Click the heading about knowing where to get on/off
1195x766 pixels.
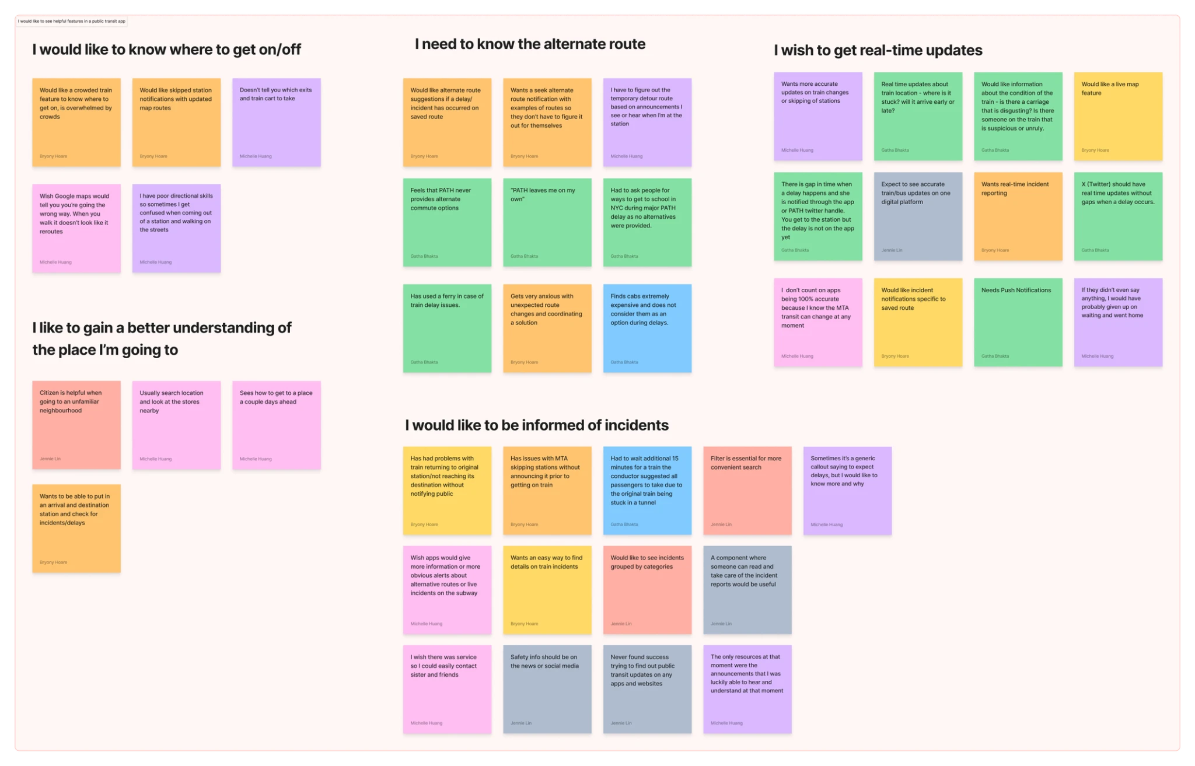[166, 50]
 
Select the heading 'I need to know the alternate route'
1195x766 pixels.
[530, 44]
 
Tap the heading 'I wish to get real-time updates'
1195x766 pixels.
[878, 51]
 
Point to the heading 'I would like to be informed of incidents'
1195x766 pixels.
[536, 425]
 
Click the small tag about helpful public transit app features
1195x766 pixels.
[72, 22]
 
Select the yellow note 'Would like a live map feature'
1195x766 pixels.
[1118, 116]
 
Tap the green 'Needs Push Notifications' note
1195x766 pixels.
[1018, 322]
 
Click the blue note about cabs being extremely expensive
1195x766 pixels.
[647, 328]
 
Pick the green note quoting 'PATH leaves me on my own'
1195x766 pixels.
[547, 222]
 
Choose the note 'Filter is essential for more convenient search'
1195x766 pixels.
[747, 490]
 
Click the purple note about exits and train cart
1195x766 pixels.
[276, 122]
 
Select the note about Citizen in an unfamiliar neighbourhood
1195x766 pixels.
[76, 425]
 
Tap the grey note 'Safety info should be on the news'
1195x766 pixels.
[547, 688]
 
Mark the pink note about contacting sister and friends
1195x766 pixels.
[447, 688]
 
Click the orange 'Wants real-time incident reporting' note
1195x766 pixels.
[1018, 216]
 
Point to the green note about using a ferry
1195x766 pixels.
[447, 328]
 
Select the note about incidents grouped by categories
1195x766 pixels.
[647, 589]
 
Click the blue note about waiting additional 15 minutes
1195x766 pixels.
[647, 490]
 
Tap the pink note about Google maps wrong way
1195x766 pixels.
[76, 228]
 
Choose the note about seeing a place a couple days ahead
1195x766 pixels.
[276, 425]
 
